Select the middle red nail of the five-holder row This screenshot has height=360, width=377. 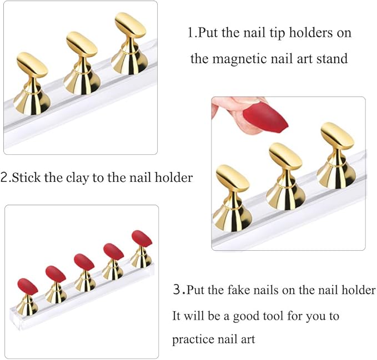[x=84, y=261]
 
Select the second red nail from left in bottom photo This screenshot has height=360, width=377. [x=56, y=273]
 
